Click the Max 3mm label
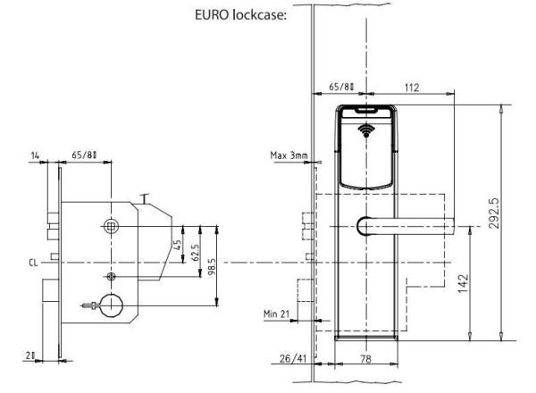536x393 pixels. pyautogui.click(x=289, y=155)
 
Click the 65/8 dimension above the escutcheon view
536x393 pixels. pyautogui.click(x=342, y=88)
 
